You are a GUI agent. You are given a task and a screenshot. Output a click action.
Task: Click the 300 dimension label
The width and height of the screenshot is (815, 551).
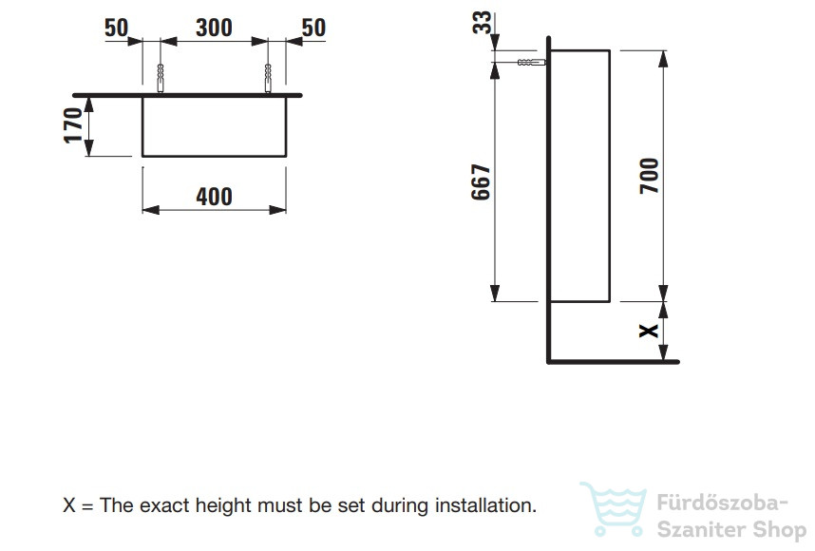coord(214,28)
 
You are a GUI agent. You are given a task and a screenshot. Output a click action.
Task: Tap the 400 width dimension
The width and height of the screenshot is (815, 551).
coord(214,197)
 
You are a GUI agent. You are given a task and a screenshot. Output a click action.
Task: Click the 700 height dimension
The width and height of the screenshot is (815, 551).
coord(649,176)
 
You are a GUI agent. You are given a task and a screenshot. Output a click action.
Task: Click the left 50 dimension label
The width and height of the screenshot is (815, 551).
coord(116,28)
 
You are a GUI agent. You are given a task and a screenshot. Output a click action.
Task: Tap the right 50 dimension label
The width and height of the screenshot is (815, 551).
coord(313,28)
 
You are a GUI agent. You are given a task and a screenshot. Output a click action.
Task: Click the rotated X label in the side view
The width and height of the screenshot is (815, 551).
coord(649,331)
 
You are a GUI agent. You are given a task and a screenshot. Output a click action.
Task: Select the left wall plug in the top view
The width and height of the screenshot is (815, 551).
coord(161,78)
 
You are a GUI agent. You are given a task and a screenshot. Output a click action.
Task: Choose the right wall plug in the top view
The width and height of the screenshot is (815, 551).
coord(269,78)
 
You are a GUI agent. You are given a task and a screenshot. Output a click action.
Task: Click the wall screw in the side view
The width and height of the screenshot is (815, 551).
coord(529,63)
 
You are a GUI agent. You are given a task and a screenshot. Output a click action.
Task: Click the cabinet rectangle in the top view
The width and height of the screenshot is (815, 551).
coord(214,125)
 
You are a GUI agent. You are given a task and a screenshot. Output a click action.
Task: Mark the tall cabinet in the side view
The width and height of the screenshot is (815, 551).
coord(579,176)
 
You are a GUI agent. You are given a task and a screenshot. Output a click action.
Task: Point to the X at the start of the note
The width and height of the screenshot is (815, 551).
coord(69,504)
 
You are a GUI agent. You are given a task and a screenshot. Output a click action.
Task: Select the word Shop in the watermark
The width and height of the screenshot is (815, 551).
coord(777,530)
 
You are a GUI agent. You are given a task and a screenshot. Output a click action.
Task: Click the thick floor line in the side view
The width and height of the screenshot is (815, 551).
coord(613,361)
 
